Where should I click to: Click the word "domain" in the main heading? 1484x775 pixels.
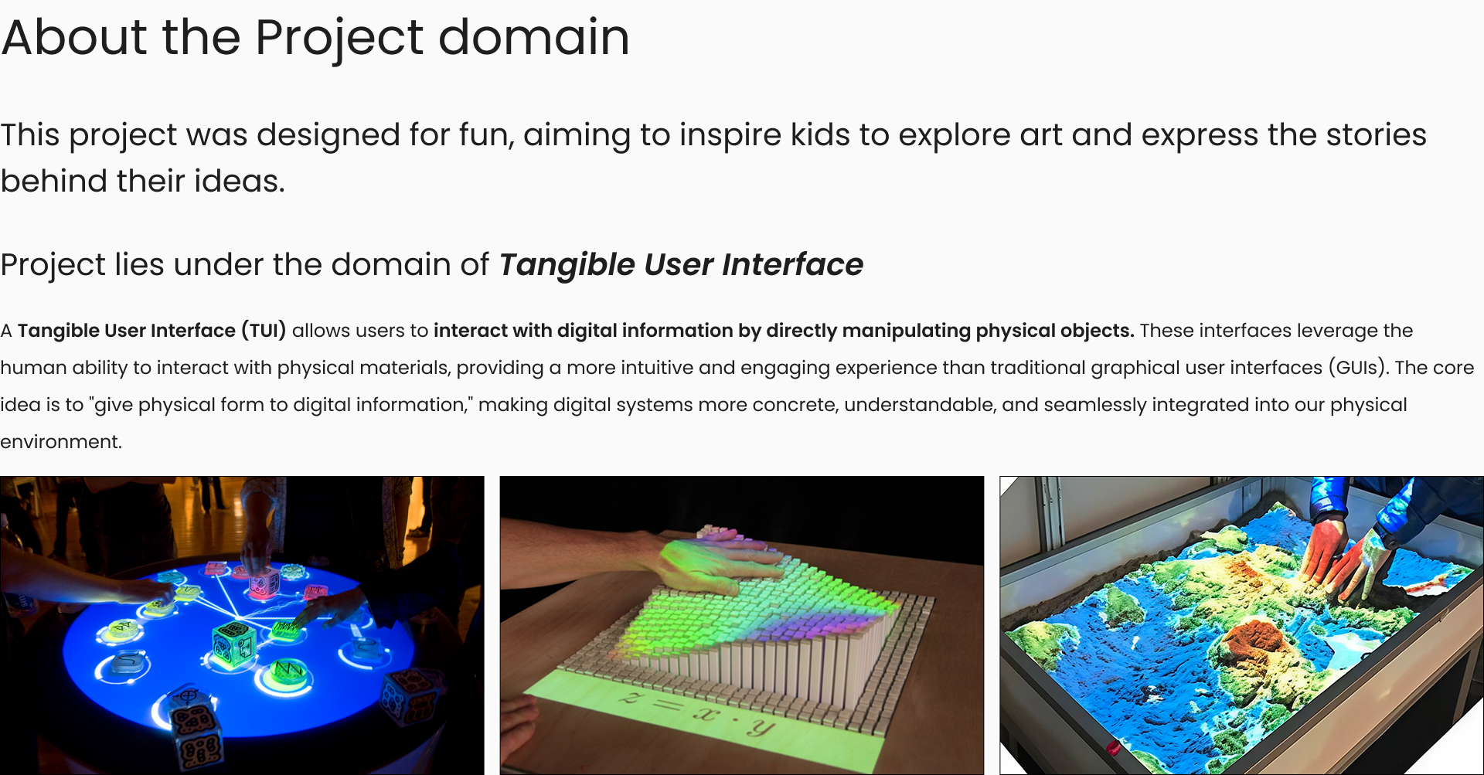(x=534, y=37)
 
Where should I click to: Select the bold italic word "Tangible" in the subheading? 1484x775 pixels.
(x=567, y=265)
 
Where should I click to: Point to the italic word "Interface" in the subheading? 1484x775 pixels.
(x=793, y=264)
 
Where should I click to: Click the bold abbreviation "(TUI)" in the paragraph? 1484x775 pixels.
(x=264, y=331)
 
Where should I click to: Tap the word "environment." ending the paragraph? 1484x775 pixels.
(x=61, y=442)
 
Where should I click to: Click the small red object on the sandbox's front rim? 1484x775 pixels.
(x=1114, y=747)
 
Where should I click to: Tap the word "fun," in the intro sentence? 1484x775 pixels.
(x=487, y=135)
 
